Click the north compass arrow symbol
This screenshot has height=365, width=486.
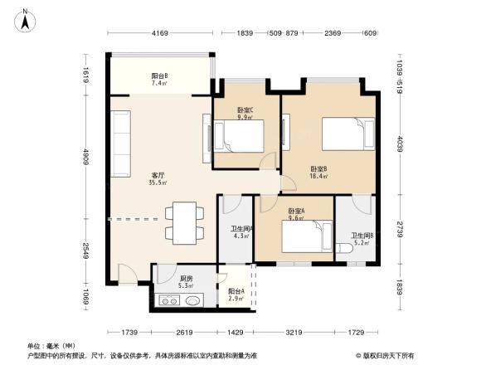tap(26, 18)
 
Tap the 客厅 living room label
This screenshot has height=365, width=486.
tap(157, 175)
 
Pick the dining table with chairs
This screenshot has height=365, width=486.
tap(182, 221)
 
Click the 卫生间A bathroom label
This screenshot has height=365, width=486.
tap(241, 228)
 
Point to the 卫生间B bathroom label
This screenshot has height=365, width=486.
tap(362, 235)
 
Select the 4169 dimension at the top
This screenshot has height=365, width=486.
tap(160, 33)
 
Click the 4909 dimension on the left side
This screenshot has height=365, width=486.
tap(85, 158)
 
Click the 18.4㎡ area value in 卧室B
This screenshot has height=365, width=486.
tap(319, 176)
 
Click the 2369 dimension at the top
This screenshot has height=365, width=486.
tap(333, 33)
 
